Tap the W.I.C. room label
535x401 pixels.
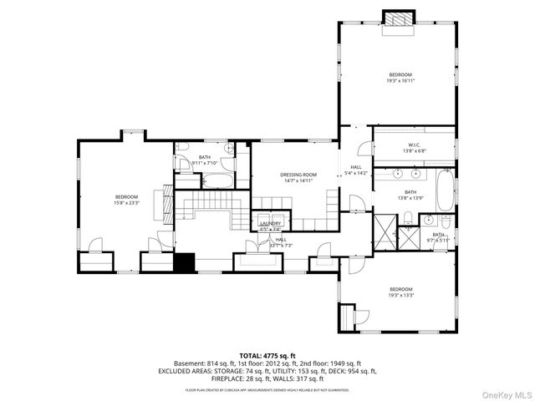[415, 146]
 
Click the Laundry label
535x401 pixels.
[269, 223]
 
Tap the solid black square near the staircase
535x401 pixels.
[184, 261]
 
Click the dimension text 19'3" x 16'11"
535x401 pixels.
[401, 80]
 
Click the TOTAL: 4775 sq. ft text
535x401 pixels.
[267, 356]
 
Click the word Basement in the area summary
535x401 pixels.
[190, 364]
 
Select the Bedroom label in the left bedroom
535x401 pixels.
[126, 196]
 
